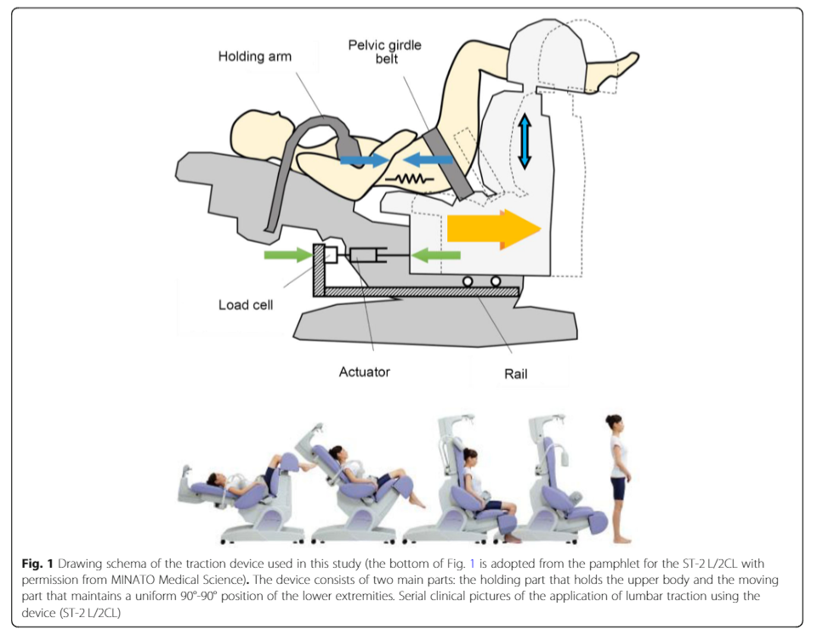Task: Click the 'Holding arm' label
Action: [x=255, y=58]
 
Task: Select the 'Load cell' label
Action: [x=246, y=304]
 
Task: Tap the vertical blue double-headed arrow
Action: [x=525, y=143]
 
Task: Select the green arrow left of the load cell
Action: [x=288, y=253]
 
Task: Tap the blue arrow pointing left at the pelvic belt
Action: [x=428, y=159]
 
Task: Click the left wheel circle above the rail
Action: [x=468, y=280]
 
